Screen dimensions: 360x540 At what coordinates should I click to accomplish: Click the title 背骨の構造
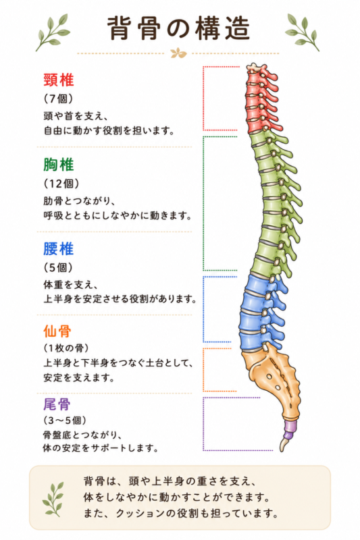[178, 28]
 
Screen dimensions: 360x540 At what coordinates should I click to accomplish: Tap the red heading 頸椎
[59, 80]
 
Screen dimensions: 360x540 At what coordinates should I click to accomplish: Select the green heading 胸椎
[59, 165]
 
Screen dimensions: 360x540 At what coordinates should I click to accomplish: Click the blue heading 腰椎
[59, 248]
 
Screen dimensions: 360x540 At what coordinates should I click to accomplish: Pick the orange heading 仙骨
[57, 331]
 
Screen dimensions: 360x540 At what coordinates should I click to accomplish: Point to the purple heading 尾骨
[57, 404]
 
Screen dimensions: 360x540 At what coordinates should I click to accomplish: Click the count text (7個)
[59, 99]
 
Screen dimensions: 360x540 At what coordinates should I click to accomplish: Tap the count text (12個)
[61, 184]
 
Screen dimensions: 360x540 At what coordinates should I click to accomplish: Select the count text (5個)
[59, 267]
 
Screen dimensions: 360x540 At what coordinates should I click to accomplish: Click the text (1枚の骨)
[66, 348]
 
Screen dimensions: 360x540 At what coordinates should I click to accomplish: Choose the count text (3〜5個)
[65, 421]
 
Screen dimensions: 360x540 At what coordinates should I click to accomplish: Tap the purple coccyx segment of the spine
[290, 429]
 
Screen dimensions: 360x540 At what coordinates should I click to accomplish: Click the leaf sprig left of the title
[53, 32]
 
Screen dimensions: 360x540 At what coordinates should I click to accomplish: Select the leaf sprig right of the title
[302, 32]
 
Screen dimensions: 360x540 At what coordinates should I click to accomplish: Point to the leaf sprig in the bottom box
[53, 499]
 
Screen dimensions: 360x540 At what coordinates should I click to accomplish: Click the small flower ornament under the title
[178, 53]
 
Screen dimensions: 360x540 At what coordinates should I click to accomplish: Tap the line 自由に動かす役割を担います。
[109, 131]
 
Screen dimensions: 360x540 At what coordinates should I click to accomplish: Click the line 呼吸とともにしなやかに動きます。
[118, 216]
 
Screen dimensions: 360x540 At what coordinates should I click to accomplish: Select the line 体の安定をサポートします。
[101, 448]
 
